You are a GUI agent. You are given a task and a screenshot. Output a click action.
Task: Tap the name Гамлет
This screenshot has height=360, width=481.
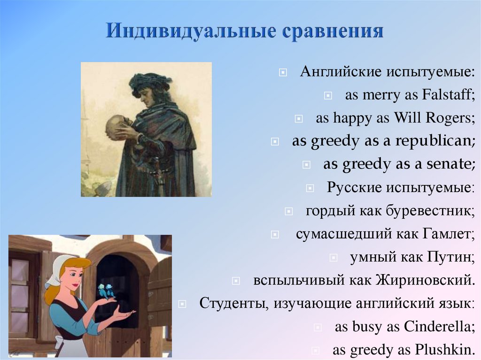tap(449, 234)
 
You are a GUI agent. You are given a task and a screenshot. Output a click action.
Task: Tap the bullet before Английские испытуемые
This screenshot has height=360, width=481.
tap(282, 73)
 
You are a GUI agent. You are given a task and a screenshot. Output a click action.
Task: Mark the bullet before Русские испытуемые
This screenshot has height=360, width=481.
tap(310, 188)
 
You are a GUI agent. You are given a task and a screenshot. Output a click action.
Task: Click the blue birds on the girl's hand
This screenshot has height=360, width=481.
tap(106, 291)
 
